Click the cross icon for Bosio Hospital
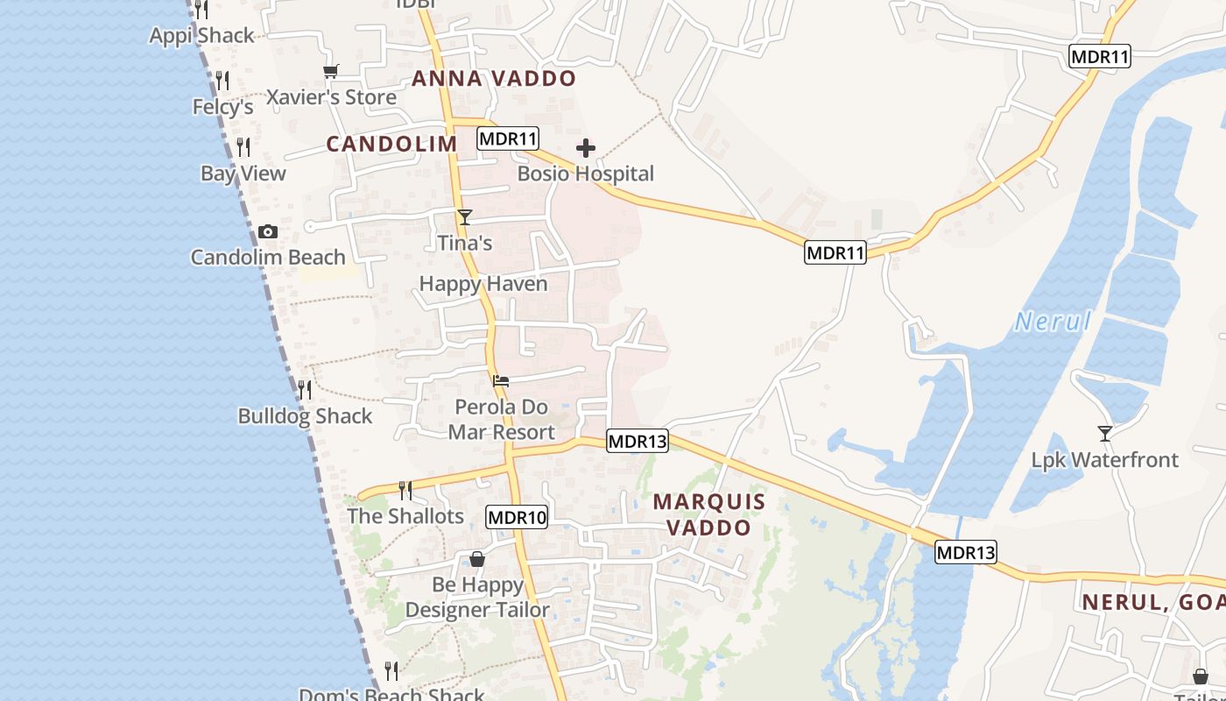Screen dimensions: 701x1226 (x=585, y=148)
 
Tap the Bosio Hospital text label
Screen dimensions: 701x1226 (x=585, y=173)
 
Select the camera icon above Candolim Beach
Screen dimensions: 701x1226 (x=268, y=232)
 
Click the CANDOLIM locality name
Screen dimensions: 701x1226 (x=391, y=145)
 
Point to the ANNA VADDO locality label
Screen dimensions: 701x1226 (x=494, y=79)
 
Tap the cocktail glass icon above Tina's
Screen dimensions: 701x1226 (x=464, y=217)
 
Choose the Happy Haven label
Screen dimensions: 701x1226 (x=483, y=284)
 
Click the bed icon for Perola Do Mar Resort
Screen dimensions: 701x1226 (x=501, y=380)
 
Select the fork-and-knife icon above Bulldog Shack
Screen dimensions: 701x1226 (x=305, y=390)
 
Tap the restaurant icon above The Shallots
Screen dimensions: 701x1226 (x=405, y=490)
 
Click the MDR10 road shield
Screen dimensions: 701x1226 (x=518, y=517)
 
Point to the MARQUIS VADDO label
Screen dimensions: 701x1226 (x=709, y=514)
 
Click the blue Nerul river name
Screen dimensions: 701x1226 (x=1053, y=322)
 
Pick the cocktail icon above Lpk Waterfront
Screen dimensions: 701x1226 (x=1105, y=434)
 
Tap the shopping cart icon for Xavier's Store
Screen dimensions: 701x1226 (x=330, y=72)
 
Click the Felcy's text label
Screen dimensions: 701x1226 (x=223, y=107)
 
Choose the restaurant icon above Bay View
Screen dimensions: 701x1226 (x=243, y=146)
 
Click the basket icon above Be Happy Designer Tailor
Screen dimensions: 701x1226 (x=477, y=559)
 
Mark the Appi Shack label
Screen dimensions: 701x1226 (x=202, y=36)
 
